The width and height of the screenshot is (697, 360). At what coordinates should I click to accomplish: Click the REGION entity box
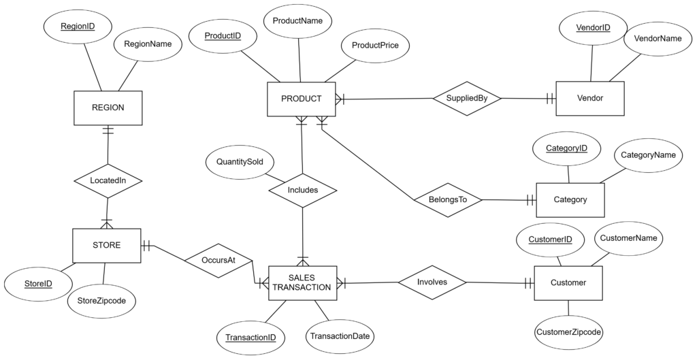tap(108, 108)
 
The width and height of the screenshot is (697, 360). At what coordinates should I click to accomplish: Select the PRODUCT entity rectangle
tap(301, 99)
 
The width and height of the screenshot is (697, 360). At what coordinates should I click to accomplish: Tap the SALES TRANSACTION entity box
tap(302, 282)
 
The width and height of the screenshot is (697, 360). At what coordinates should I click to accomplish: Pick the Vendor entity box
tap(589, 99)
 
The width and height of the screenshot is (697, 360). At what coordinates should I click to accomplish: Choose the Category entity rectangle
tap(570, 200)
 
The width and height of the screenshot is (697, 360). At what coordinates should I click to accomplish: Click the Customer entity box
tap(568, 282)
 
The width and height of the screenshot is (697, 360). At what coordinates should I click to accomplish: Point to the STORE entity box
tap(106, 246)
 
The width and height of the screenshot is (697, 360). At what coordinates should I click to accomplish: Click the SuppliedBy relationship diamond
tap(467, 99)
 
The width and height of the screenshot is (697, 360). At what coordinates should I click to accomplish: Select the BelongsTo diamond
tap(447, 200)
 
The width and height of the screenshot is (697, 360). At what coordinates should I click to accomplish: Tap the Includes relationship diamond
tap(302, 190)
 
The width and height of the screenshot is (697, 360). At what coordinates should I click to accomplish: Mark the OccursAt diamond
tap(218, 260)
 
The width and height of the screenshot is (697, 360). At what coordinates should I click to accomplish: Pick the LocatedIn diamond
tap(108, 180)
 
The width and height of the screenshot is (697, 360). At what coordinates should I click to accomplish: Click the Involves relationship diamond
tap(432, 282)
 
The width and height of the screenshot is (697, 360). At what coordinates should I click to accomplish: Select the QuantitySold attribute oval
tap(240, 163)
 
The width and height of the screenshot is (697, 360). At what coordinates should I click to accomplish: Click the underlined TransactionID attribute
tap(251, 337)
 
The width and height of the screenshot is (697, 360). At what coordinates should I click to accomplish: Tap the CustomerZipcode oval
tap(569, 333)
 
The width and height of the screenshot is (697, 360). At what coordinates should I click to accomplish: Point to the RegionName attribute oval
tap(148, 44)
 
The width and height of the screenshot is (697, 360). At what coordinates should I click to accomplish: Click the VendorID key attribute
tap(593, 28)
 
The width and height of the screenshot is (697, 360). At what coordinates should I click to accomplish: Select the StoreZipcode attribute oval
tap(101, 300)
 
